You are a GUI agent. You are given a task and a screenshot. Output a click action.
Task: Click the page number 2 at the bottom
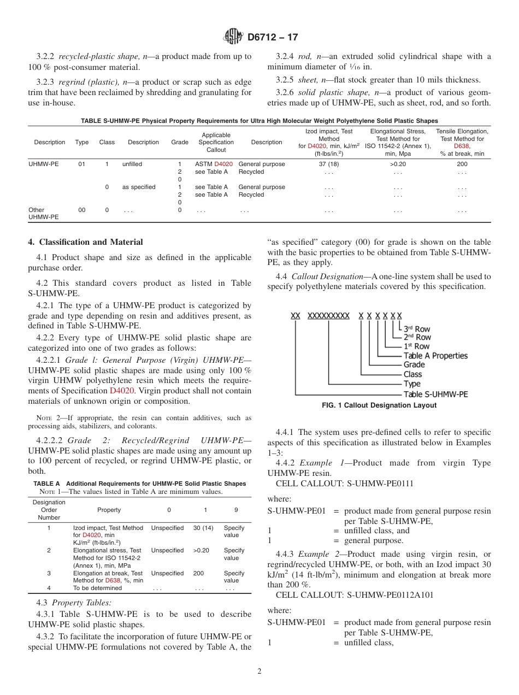(x=259, y=672)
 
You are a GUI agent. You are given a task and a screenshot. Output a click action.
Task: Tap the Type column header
(x=82, y=143)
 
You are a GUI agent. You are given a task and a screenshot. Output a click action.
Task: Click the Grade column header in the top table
(x=179, y=143)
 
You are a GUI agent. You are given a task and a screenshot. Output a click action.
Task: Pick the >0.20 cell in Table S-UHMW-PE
(x=398, y=164)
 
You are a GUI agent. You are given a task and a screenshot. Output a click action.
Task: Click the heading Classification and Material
(x=86, y=242)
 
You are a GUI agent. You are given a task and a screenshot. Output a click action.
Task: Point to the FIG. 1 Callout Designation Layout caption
(x=379, y=405)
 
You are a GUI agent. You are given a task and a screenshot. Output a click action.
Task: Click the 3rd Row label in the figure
(x=417, y=329)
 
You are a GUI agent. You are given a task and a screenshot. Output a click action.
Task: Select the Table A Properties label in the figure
(x=435, y=356)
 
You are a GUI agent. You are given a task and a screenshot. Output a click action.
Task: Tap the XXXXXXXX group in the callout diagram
(x=328, y=316)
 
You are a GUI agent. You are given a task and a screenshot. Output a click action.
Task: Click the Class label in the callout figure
(x=412, y=374)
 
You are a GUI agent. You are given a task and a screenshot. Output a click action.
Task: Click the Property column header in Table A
(x=109, y=510)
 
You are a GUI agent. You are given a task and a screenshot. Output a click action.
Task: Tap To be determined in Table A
(x=98, y=588)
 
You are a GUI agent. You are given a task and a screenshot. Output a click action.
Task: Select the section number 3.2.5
(x=285, y=80)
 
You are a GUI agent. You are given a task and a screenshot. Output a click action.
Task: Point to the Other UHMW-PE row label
(x=43, y=214)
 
